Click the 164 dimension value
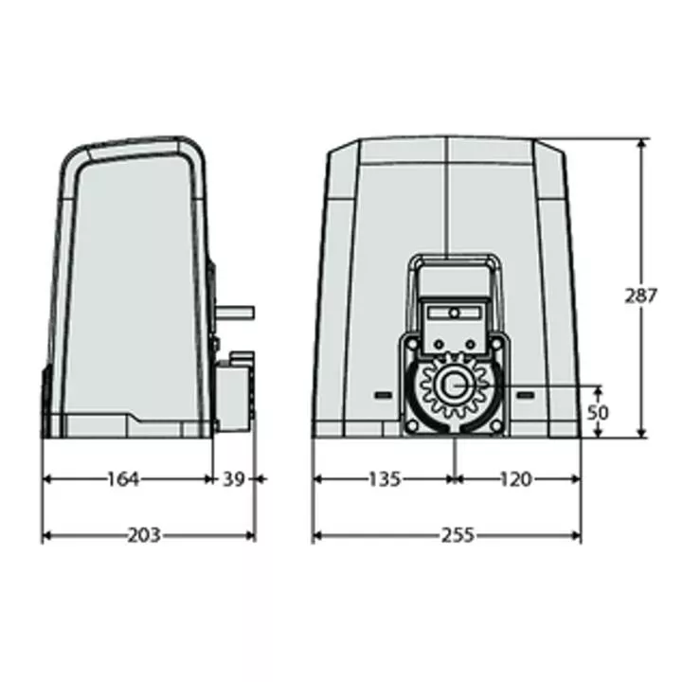coord(123,479)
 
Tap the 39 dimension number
coord(234,479)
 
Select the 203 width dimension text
coord(143,535)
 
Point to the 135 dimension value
coord(384,479)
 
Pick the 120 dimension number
coord(515,479)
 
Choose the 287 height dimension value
coord(641,296)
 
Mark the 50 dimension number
coord(598,413)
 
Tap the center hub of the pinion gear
coord(456,387)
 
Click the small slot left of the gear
coord(383,394)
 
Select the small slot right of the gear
coord(526,394)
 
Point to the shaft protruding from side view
coord(237,311)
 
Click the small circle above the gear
coord(454,313)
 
